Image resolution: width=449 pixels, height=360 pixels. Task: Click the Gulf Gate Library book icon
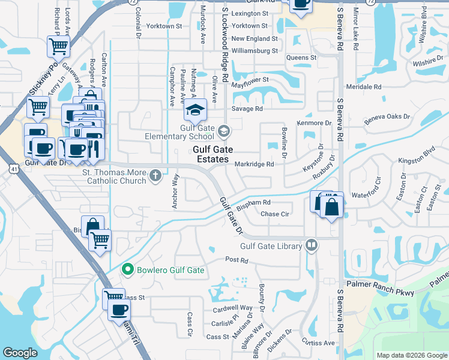click(312, 245)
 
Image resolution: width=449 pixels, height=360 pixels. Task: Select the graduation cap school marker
click(194, 110)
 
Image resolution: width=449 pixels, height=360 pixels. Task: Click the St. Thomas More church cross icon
click(155, 176)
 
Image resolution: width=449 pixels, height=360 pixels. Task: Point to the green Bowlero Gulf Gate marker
click(127, 270)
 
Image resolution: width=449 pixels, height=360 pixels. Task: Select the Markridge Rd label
click(254, 164)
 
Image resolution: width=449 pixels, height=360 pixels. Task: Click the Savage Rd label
click(247, 109)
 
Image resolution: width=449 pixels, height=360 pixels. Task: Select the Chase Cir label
click(275, 214)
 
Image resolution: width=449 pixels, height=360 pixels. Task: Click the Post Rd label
click(237, 260)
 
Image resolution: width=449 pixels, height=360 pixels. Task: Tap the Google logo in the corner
click(20, 353)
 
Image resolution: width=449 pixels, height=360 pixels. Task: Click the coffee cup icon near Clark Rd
click(300, 3)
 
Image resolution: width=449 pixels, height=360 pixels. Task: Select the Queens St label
click(301, 58)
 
